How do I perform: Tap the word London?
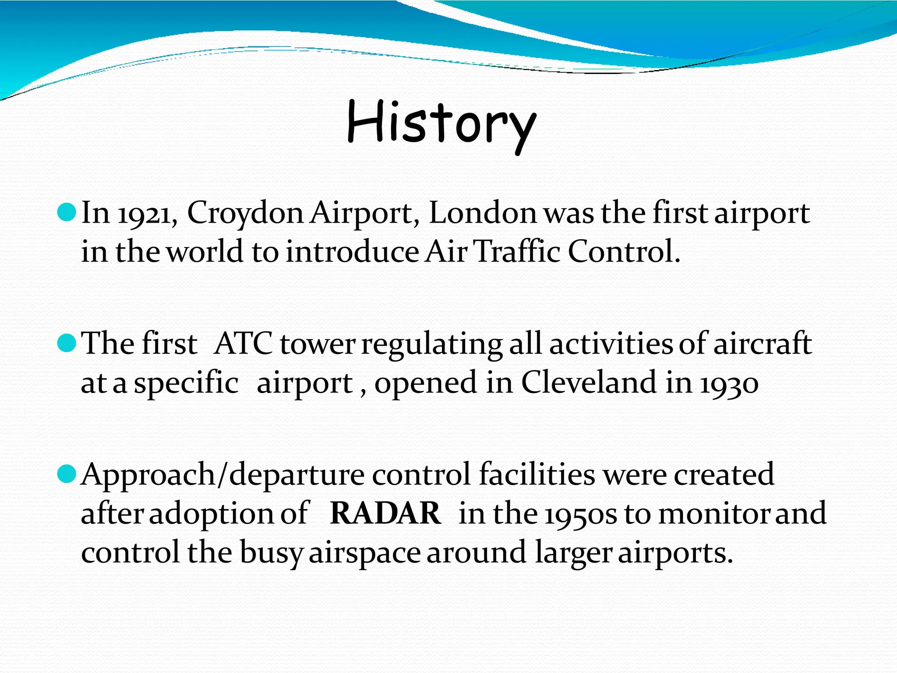point(482,214)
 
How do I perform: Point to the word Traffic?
point(518,252)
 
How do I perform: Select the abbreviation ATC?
point(244,344)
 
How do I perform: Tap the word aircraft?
point(762,344)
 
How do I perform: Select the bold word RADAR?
point(385,513)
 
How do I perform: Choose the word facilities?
point(537,475)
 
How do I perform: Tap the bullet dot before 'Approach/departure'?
point(67,474)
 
